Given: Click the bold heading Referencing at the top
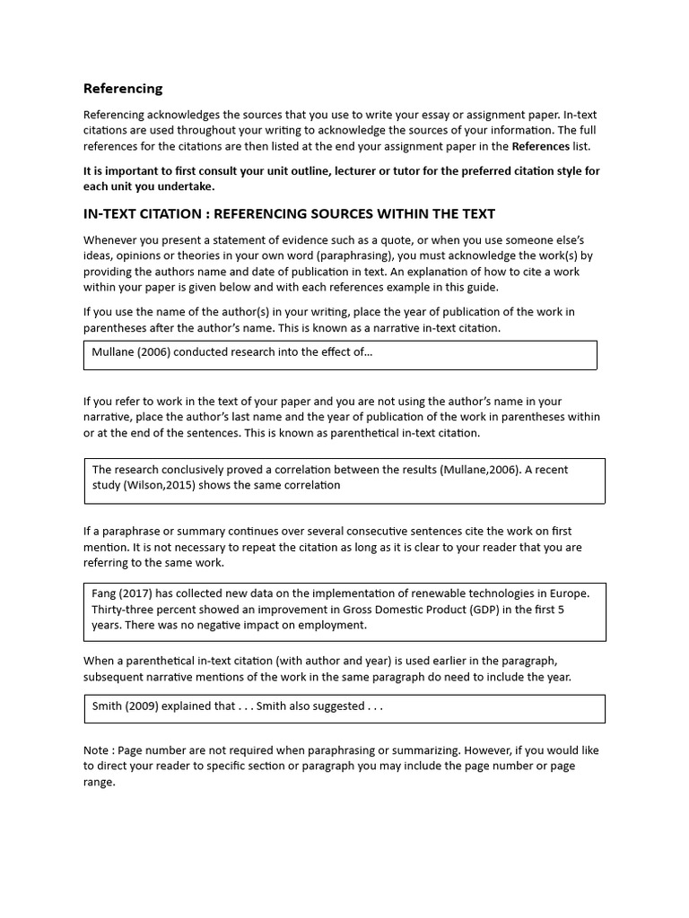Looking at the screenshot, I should pos(123,88).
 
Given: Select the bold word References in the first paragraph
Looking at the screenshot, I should pos(540,146).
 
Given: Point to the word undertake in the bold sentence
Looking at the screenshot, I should pos(188,186).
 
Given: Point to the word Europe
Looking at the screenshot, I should pos(569,593).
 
